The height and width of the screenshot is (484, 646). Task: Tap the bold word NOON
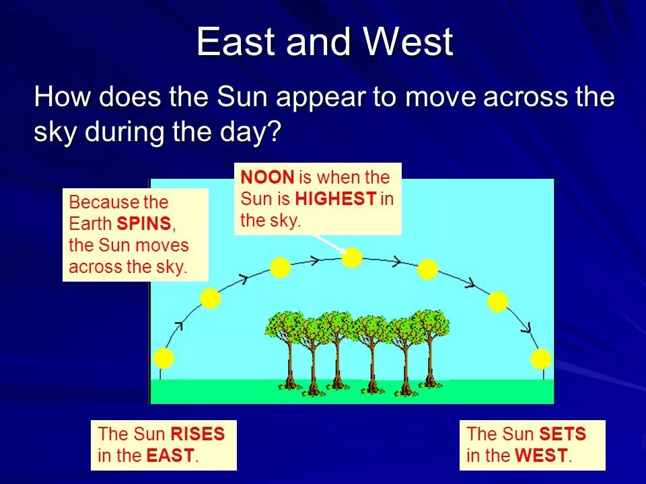(267, 177)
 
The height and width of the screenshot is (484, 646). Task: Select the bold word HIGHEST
(336, 199)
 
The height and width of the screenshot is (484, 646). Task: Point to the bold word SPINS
(144, 223)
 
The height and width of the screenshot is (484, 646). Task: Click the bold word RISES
(197, 434)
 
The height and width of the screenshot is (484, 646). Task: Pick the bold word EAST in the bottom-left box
(170, 456)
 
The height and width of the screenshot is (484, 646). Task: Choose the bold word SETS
(563, 434)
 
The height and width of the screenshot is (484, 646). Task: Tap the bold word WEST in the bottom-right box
(541, 456)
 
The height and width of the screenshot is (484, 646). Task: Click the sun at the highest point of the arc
(352, 258)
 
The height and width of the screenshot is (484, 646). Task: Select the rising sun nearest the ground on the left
(164, 358)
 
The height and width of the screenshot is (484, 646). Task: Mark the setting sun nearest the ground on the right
(541, 359)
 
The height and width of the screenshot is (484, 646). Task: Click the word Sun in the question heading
(242, 97)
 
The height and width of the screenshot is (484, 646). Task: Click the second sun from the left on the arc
(210, 298)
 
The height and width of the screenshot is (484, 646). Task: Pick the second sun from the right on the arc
(497, 302)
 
